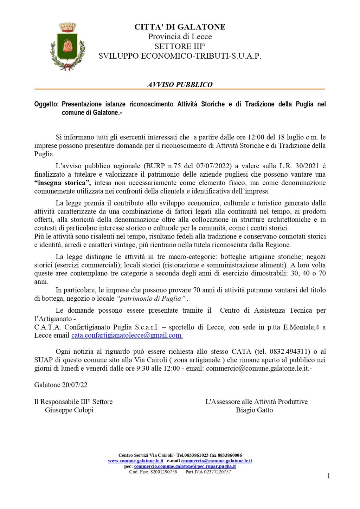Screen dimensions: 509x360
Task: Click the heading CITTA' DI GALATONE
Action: coord(180,27)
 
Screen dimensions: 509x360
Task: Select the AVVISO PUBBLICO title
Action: coord(180,85)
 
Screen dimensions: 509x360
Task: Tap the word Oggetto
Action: coord(46,104)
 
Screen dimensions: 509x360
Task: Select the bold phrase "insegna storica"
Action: coord(63,183)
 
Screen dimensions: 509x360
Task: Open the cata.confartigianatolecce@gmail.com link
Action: coord(127,335)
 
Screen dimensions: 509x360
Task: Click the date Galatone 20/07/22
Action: coord(61,385)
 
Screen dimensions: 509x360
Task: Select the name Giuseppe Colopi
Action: coord(69,410)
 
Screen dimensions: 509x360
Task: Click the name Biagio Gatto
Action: coord(254,410)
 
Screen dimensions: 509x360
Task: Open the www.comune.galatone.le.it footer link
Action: coord(135,461)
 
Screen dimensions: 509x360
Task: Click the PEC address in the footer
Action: coord(185,466)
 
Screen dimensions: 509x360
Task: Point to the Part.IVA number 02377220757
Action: coord(216,472)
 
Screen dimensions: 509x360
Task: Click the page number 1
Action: coord(329,476)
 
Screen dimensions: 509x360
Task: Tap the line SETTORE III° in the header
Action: coord(180,46)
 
